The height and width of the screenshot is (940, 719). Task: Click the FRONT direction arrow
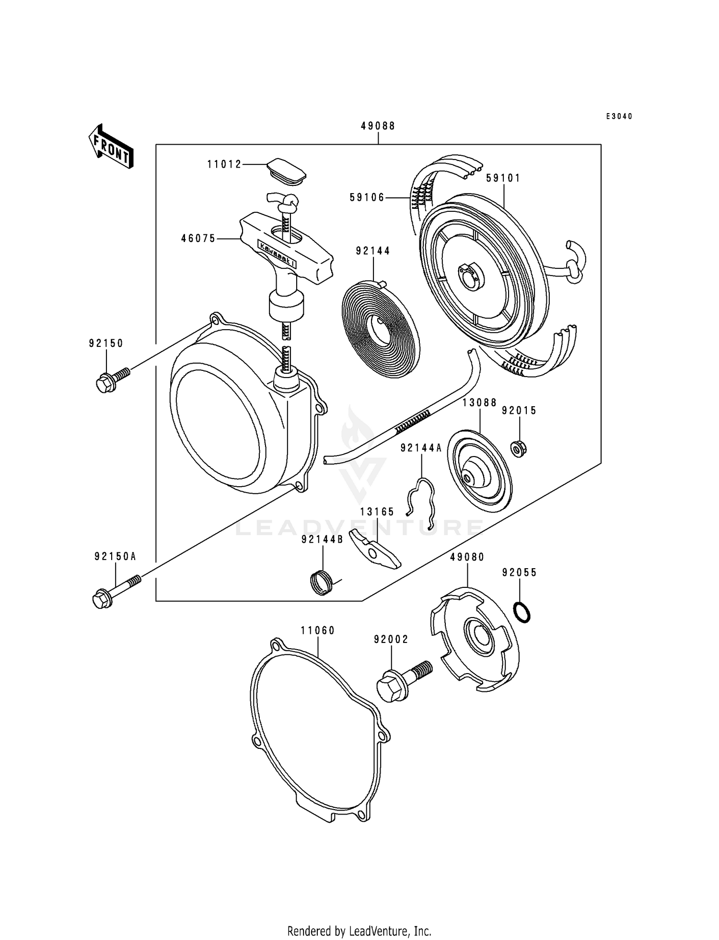(111, 146)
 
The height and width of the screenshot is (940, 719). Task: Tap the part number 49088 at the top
(378, 126)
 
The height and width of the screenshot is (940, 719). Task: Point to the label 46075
(198, 238)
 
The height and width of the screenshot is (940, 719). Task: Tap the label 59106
(367, 197)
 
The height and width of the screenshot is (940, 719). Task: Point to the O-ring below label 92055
(522, 612)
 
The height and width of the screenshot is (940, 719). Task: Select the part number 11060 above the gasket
(317, 630)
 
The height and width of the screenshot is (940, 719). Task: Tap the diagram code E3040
(618, 116)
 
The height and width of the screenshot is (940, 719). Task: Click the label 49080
(467, 557)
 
